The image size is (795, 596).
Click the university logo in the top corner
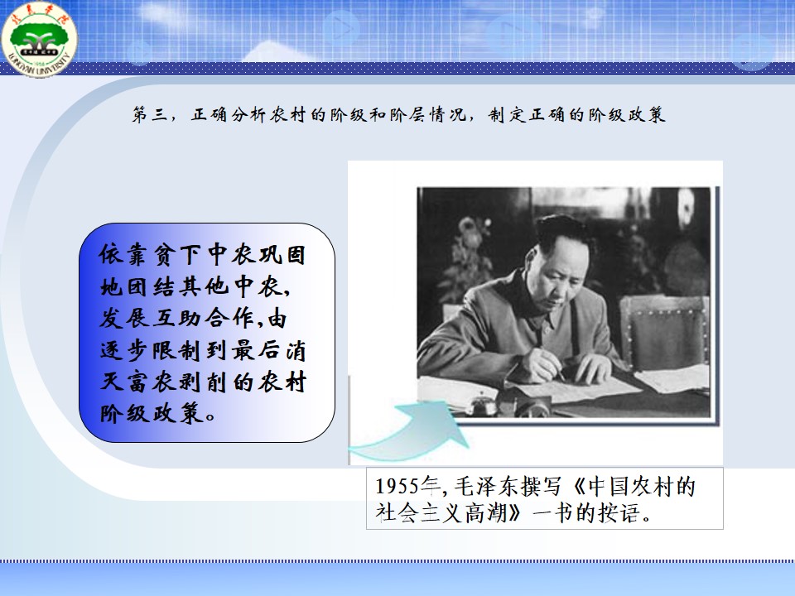[39, 39]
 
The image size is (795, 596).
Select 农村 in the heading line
[288, 114]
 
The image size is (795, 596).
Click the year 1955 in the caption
[398, 487]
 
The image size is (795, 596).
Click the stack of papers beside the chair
[673, 379]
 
